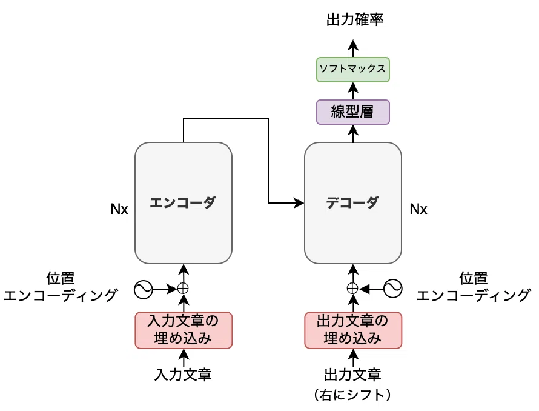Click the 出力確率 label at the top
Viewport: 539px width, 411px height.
tap(355, 19)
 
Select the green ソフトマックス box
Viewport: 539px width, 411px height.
tap(352, 70)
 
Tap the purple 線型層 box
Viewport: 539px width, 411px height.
tap(352, 112)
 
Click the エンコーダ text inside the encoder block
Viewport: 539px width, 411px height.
tap(183, 202)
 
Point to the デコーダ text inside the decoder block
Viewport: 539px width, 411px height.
tap(352, 202)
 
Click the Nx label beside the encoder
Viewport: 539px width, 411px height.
tap(119, 209)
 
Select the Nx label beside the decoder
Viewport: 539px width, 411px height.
tap(418, 209)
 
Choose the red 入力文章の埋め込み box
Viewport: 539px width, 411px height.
tap(184, 330)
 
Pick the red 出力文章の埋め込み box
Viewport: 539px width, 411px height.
tap(353, 330)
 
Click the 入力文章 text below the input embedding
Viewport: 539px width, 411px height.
tap(183, 375)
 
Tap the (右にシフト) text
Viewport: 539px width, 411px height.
tap(352, 395)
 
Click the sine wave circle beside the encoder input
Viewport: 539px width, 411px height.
tap(144, 289)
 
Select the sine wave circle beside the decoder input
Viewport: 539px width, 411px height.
tap(393, 289)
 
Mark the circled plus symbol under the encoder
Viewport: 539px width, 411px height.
tap(183, 289)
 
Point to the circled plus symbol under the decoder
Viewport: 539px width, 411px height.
tap(352, 289)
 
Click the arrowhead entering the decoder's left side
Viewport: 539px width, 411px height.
tap(299, 203)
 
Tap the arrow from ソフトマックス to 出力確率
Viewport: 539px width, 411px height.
tap(353, 48)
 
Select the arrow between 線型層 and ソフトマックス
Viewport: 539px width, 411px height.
tap(353, 91)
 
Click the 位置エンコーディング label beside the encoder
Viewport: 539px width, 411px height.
tap(61, 287)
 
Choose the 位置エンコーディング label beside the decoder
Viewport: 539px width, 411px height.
tap(474, 287)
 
